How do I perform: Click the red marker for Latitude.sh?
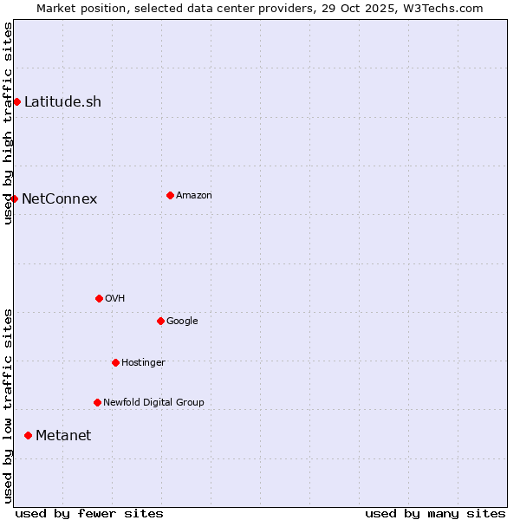[16, 102]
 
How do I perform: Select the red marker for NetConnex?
[14, 199]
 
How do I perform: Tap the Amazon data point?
[170, 196]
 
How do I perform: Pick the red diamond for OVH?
[99, 299]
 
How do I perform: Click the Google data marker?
[160, 322]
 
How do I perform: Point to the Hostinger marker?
[115, 363]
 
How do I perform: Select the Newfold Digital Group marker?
[97, 403]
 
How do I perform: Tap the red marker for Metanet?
[28, 435]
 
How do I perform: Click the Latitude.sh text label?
[62, 102]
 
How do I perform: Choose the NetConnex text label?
[59, 199]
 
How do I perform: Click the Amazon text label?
[194, 196]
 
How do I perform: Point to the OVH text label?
[115, 299]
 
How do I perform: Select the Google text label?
[182, 322]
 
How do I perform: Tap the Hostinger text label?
[143, 363]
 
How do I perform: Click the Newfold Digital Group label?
[153, 403]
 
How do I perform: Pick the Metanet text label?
[63, 436]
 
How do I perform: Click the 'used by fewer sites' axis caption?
[89, 513]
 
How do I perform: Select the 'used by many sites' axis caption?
[435, 513]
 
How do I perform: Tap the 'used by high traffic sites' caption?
[8, 123]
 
